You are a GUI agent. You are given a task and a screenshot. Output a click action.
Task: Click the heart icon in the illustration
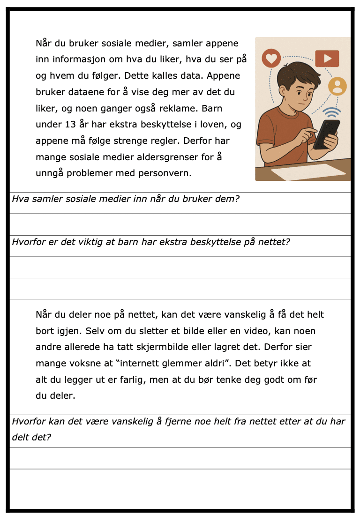[271, 59]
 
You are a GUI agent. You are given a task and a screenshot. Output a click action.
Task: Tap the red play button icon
[327, 58]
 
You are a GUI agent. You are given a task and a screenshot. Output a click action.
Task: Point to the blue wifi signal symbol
[332, 113]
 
